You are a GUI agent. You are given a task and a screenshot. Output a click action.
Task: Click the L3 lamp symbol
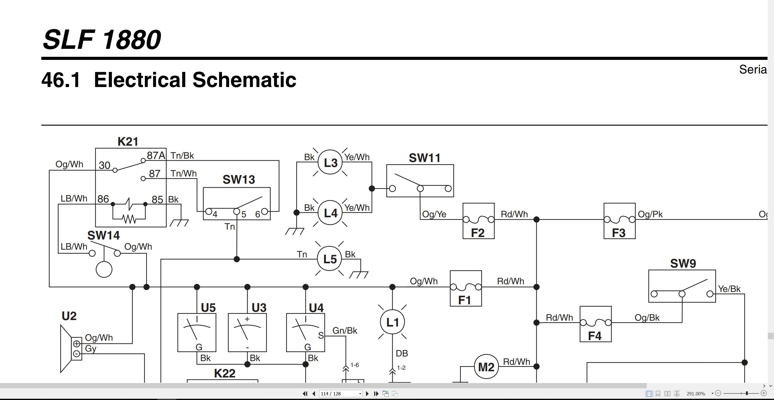(330, 162)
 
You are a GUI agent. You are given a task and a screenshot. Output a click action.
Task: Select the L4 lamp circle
(330, 213)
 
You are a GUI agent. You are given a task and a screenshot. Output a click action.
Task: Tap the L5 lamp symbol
(330, 259)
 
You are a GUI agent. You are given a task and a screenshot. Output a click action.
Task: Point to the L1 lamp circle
(392, 322)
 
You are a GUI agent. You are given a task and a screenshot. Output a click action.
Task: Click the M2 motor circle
(486, 367)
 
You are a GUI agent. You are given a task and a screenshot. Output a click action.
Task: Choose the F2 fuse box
(478, 221)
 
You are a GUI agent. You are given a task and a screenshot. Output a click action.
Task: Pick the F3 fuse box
(619, 221)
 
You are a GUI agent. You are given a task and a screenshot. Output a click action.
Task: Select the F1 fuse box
(466, 289)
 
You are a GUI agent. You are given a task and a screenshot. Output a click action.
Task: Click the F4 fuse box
(596, 324)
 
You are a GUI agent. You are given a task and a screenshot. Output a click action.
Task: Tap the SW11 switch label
(424, 158)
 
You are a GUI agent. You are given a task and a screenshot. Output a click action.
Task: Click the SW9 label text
(683, 264)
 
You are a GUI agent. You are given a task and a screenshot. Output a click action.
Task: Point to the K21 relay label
(128, 142)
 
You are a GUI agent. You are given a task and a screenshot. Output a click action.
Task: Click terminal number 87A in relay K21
(156, 156)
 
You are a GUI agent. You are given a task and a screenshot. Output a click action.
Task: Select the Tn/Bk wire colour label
(182, 156)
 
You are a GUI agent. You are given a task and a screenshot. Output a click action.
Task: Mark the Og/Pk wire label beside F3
(650, 214)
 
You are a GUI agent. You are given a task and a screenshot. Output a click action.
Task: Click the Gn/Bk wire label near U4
(345, 331)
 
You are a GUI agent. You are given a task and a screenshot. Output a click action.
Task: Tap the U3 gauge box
(247, 333)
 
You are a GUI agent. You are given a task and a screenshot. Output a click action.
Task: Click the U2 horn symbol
(71, 349)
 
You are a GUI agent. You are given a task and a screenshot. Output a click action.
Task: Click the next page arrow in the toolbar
(367, 394)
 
